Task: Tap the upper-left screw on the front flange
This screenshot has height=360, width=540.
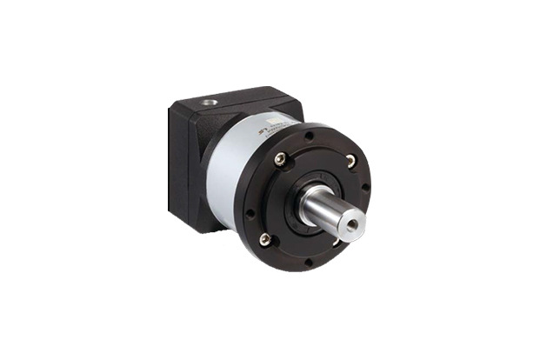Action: [279, 158]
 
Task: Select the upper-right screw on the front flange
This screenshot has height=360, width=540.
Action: [350, 160]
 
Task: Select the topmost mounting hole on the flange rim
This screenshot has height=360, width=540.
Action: [310, 136]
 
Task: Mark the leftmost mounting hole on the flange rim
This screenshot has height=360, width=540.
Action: [250, 211]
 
